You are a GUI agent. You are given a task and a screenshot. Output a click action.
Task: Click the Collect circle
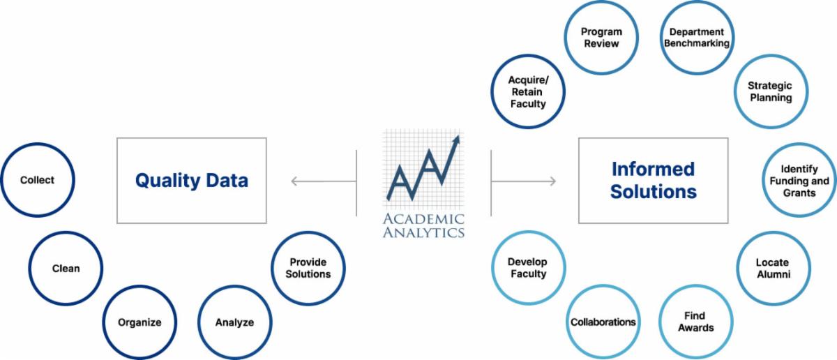tap(37, 180)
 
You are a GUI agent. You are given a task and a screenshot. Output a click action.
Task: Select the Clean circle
tap(66, 268)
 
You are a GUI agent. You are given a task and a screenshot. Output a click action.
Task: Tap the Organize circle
tap(139, 322)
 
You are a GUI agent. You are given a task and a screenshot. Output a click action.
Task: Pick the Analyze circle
tap(234, 322)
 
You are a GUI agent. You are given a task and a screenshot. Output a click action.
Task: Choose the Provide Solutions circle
tap(308, 268)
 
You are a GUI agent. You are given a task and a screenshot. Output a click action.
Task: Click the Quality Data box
tap(191, 181)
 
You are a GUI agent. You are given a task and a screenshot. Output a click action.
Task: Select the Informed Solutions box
tap(653, 181)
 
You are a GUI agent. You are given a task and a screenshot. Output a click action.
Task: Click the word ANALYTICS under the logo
tap(423, 232)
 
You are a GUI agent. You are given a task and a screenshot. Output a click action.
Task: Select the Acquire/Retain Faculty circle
tap(527, 91)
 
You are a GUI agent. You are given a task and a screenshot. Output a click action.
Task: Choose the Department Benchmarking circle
tap(695, 38)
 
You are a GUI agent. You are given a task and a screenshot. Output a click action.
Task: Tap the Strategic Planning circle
tap(769, 91)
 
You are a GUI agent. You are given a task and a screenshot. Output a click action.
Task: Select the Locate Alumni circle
tap(772, 269)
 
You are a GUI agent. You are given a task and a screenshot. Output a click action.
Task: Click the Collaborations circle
tap(603, 322)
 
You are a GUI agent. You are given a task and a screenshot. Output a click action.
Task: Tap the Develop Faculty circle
tap(527, 268)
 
